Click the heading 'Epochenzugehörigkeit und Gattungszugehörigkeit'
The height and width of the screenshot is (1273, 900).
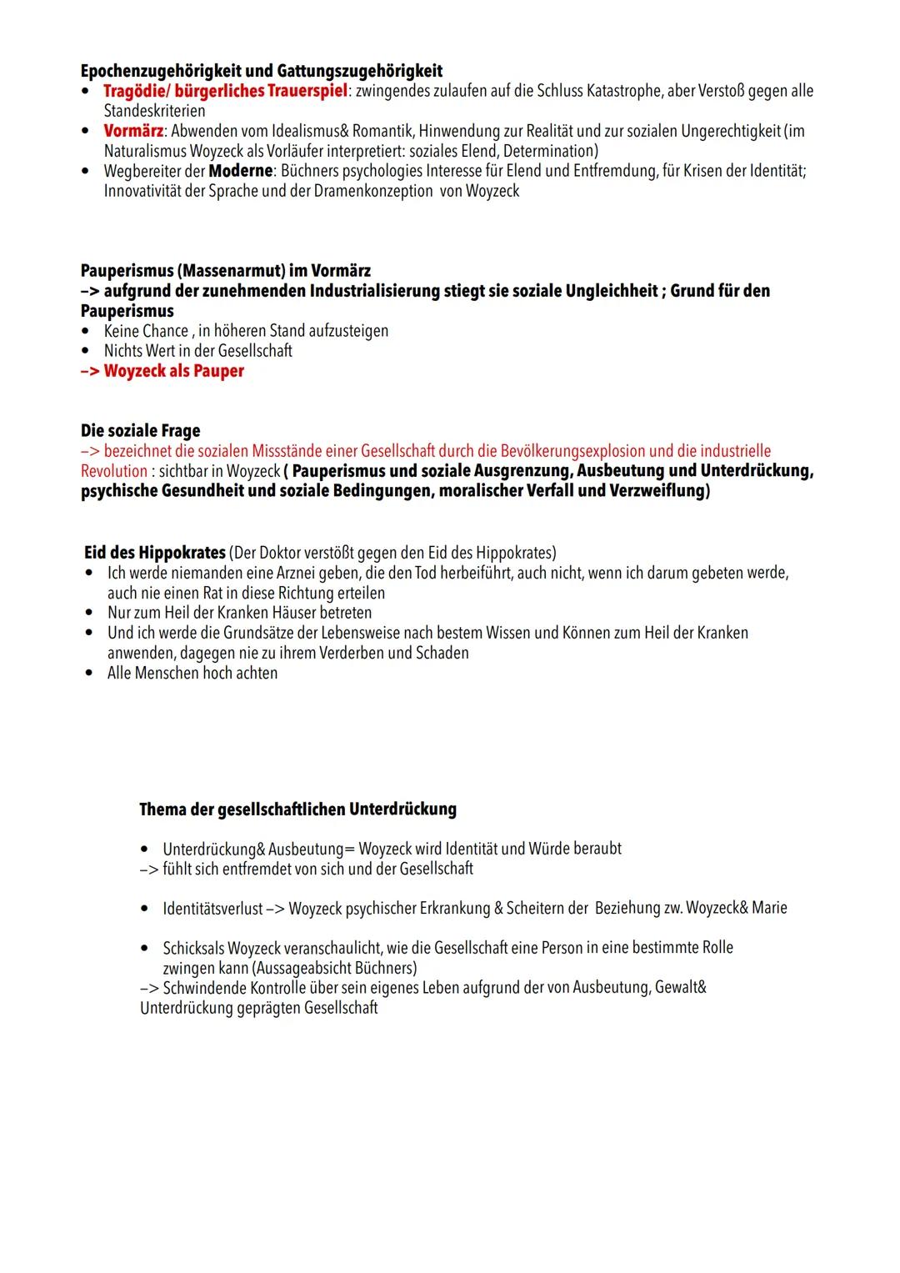point(261,71)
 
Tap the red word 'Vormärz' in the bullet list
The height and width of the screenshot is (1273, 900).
point(133,131)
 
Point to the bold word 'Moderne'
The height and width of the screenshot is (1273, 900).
point(241,171)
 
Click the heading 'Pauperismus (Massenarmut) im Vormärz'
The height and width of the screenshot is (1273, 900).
point(225,271)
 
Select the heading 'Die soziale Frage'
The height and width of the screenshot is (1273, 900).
point(140,431)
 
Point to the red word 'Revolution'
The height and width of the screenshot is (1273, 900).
point(113,471)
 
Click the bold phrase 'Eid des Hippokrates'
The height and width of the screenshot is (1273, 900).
point(154,553)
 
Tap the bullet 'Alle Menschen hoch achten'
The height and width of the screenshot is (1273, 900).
point(192,673)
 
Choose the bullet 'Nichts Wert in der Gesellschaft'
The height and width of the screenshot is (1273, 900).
point(197,351)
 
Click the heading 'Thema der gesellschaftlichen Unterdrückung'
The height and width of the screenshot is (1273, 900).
point(297,809)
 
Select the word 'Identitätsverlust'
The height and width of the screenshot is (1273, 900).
point(212,908)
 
